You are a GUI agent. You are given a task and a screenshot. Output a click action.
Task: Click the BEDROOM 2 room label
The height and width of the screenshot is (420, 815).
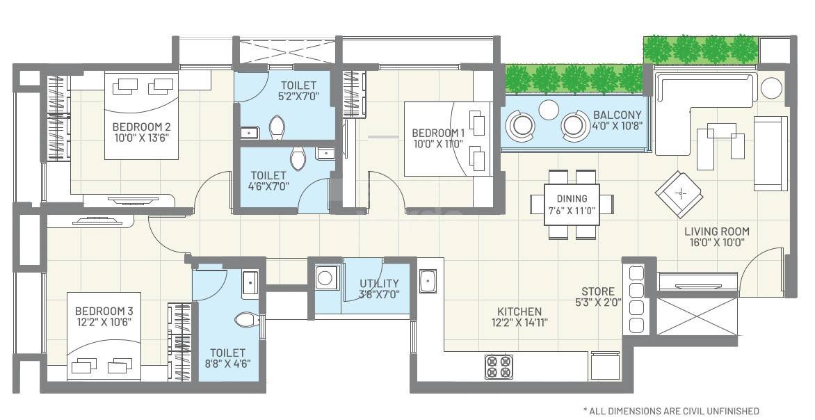pos(141,127)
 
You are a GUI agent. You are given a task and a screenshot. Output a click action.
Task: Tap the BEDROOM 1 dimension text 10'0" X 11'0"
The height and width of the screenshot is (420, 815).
pos(438,145)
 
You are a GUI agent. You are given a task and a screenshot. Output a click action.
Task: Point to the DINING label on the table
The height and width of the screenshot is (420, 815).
pos(572,198)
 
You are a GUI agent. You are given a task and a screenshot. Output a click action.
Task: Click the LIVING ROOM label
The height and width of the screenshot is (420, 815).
pos(716,232)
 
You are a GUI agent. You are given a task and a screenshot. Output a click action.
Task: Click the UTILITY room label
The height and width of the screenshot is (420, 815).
pos(379,283)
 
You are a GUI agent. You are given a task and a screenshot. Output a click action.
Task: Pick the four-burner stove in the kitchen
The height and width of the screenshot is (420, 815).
pos(499,366)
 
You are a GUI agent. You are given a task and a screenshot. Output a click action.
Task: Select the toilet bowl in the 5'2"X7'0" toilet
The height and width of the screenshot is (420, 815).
pos(277,128)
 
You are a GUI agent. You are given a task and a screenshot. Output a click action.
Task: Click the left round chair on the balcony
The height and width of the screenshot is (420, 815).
pos(522,125)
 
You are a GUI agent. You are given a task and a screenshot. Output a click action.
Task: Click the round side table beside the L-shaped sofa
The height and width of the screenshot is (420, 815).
pos(771,88)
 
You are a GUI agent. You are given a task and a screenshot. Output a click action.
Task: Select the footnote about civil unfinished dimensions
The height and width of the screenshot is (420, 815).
pos(670,411)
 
